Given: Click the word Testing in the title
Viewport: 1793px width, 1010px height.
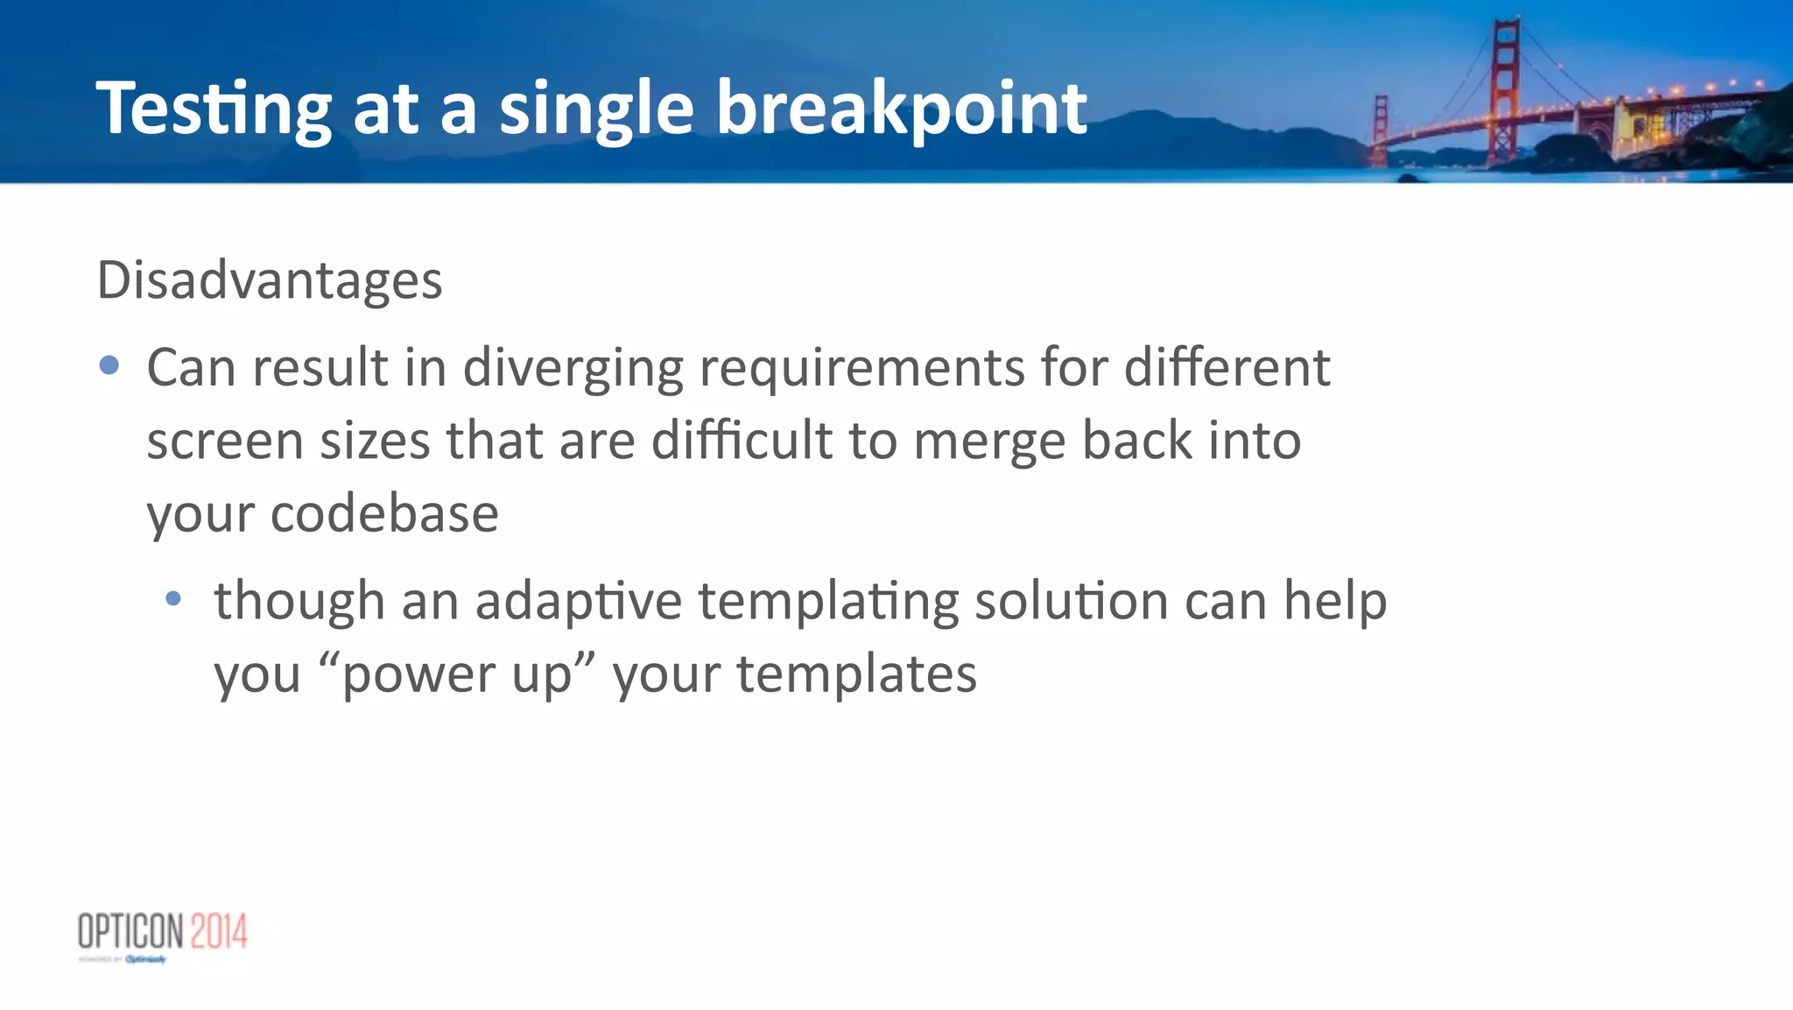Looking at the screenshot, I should click(213, 109).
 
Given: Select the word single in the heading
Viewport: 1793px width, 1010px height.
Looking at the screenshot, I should click(595, 109).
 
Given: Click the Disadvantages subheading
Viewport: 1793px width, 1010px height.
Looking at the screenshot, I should click(270, 280).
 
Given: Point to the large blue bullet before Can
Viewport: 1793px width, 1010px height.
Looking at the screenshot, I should click(109, 365).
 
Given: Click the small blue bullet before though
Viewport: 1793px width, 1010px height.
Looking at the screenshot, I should click(173, 599).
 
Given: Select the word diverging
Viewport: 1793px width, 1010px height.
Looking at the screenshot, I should click(573, 368).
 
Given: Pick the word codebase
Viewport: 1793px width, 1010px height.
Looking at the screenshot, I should click(384, 513).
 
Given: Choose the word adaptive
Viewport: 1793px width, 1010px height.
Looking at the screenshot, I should click(578, 602).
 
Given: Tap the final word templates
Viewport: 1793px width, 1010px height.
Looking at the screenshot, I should click(856, 675).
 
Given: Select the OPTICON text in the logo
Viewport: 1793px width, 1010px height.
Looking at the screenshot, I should click(130, 931).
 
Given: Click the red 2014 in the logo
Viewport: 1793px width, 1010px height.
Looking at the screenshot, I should click(219, 931).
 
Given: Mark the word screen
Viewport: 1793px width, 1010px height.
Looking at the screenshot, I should click(224, 440).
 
